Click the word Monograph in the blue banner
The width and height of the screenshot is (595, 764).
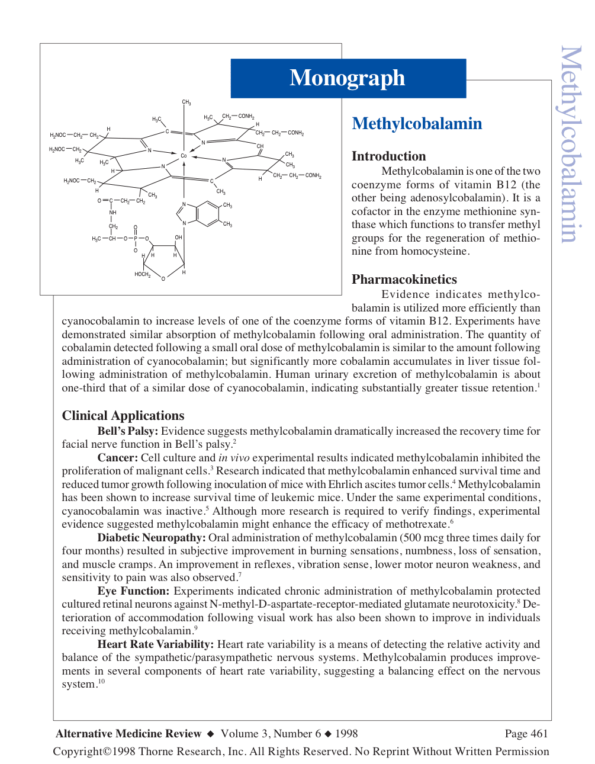pos(348,78)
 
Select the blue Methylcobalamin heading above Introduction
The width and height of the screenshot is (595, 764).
pos(417,124)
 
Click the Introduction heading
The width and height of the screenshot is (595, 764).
pos(388,156)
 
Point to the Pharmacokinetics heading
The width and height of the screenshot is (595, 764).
pos(404,280)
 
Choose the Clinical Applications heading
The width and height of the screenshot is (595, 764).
pos(123,416)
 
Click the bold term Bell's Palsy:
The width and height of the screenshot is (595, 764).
pos(127,431)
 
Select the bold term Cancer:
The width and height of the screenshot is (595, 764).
pos(117,458)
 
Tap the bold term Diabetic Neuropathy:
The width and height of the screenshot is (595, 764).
pos(152,538)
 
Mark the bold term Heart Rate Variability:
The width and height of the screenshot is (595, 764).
pos(155,644)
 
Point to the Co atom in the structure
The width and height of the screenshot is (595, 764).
pos(184,156)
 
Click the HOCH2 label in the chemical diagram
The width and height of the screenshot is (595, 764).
pos(142,274)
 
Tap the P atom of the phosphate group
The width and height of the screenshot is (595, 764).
pos(136,239)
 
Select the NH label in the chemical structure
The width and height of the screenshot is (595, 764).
pos(112,213)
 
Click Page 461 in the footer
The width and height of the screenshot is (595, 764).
pos(526,734)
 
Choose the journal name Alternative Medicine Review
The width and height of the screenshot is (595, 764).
pos(128,734)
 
